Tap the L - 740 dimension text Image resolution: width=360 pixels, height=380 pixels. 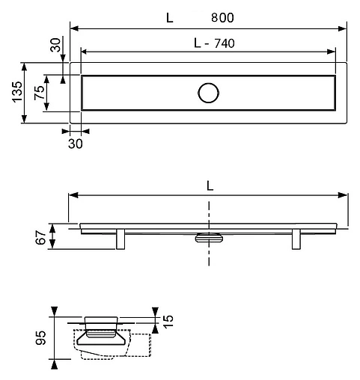point(213,43)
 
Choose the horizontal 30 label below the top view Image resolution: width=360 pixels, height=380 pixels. point(76,142)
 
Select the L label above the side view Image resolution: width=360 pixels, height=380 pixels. point(210,186)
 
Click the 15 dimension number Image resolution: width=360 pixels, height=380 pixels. point(168,322)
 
